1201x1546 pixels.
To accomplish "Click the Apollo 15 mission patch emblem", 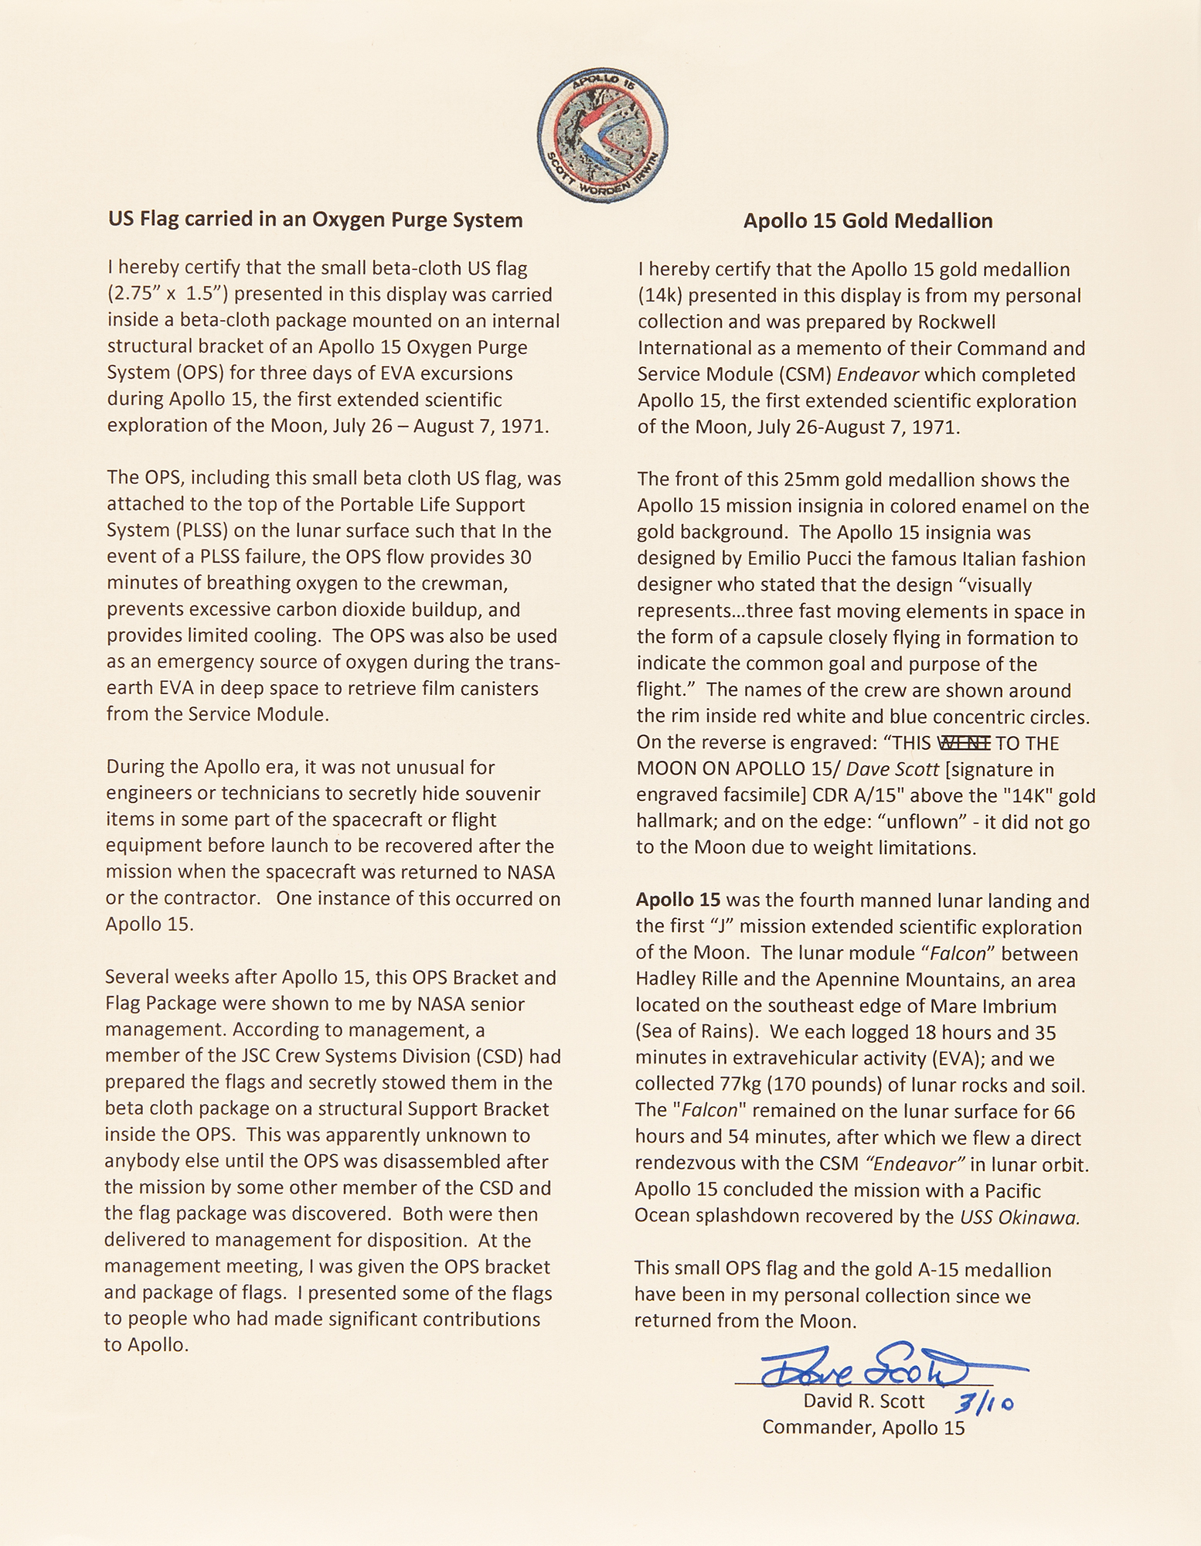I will coord(603,137).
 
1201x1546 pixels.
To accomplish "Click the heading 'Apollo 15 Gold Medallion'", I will coord(867,221).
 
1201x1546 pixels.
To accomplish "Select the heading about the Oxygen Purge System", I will coord(315,220).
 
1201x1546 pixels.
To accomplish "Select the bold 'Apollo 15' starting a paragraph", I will coord(678,901).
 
